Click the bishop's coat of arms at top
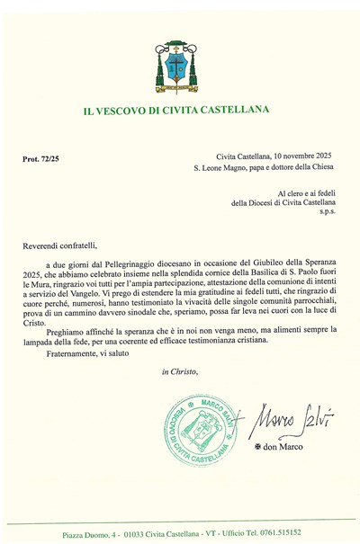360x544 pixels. pyautogui.click(x=181, y=64)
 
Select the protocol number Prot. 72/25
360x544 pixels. pyautogui.click(x=42, y=158)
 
